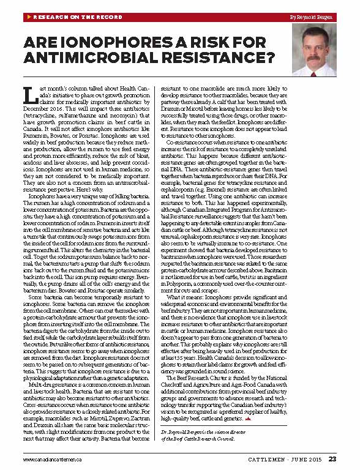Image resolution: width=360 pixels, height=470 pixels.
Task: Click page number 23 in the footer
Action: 332,458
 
